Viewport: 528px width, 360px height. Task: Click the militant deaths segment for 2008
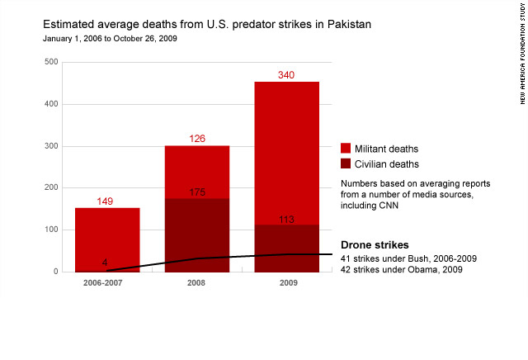point(197,172)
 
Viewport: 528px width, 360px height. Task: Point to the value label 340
point(286,75)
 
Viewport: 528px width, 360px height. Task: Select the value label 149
point(107,201)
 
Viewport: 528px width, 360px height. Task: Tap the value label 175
point(197,192)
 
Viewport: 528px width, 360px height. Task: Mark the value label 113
point(286,220)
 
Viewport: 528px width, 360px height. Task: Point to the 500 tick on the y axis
point(51,62)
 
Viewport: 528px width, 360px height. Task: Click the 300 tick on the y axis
point(51,146)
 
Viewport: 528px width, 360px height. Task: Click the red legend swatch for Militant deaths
point(346,149)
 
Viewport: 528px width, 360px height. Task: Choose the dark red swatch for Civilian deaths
point(346,163)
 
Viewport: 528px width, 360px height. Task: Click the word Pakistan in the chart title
point(349,24)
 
